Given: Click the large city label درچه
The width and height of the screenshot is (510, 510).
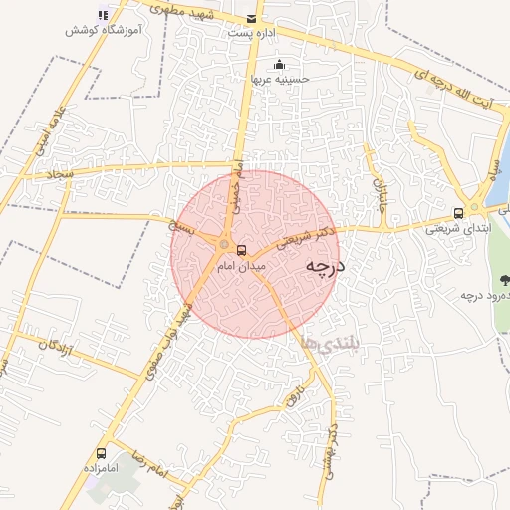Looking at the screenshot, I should pos(324,267).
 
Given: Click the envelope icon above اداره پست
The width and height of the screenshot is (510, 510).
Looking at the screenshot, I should pos(250,19).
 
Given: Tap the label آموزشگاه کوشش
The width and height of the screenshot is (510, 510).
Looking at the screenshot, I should pos(101,31).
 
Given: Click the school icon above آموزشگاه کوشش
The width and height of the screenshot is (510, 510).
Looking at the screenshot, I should pos(102,14).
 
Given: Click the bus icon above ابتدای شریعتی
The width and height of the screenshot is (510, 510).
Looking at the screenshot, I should pos(458,212).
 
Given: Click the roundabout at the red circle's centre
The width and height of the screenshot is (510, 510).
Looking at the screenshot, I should pos(226,244).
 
